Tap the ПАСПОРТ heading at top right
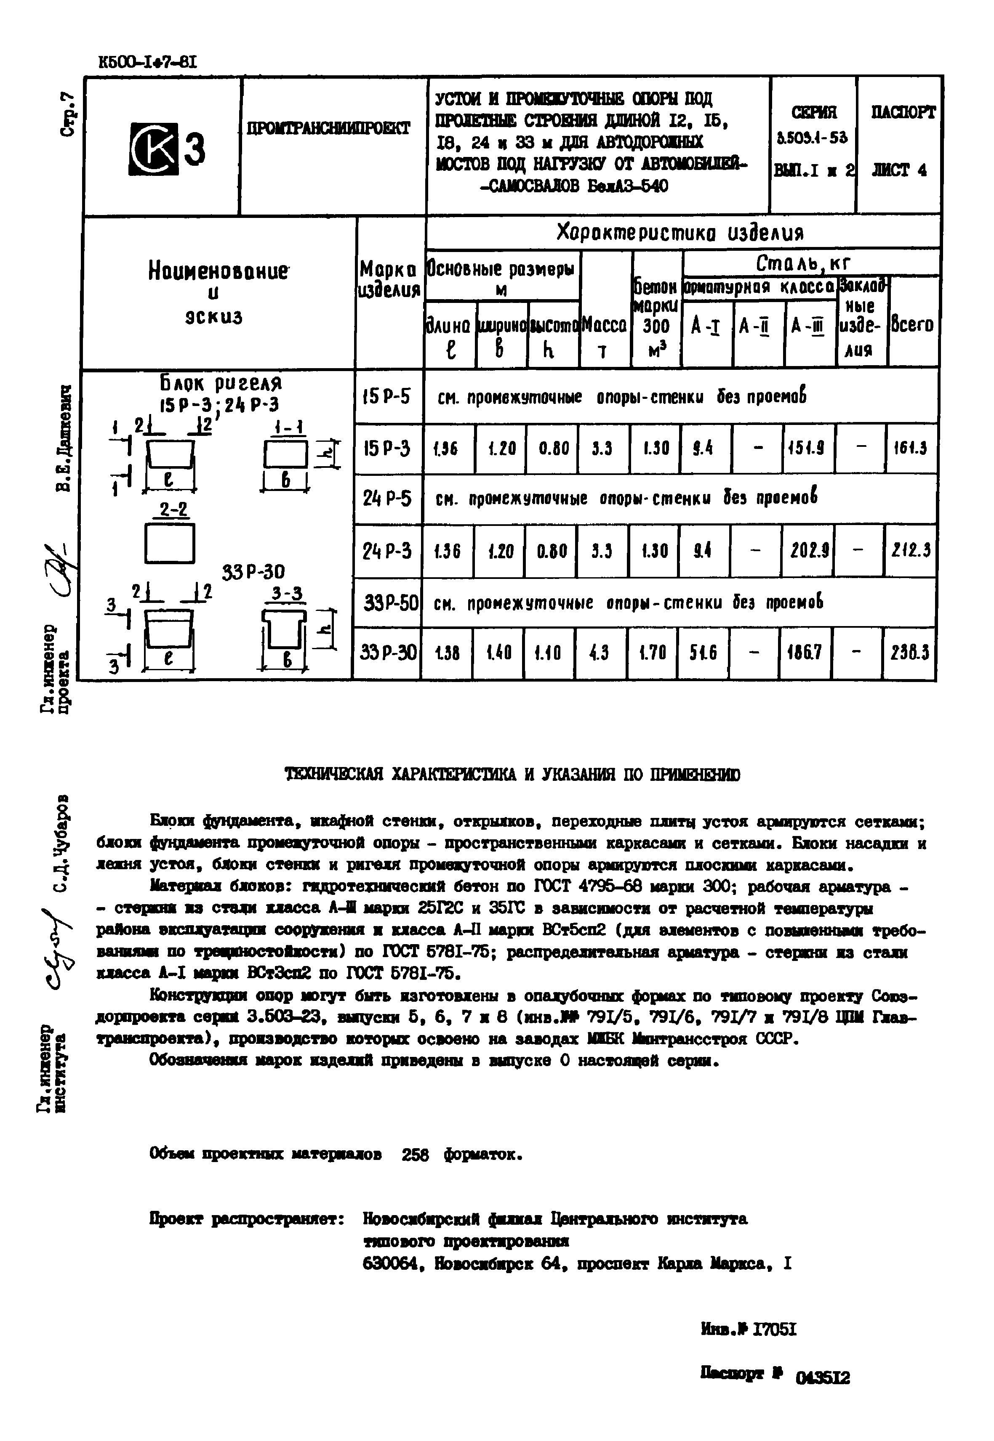(903, 113)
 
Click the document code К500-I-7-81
(148, 63)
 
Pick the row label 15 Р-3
(387, 448)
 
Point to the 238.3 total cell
(909, 652)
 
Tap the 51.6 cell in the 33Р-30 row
(703, 652)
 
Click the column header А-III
(808, 326)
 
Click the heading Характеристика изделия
(680, 233)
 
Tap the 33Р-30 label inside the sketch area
(253, 571)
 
